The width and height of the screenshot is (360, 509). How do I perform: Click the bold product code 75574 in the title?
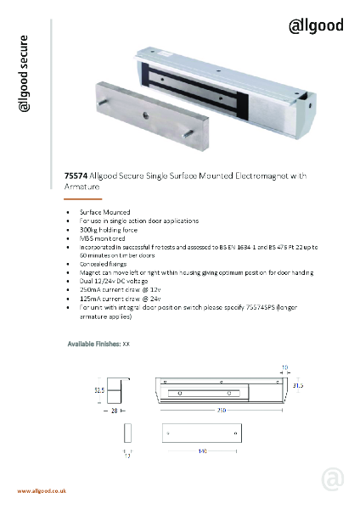coord(76,176)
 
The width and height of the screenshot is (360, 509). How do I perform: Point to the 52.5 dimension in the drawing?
coord(98,389)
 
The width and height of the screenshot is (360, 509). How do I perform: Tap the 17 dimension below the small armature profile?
coord(128,457)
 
